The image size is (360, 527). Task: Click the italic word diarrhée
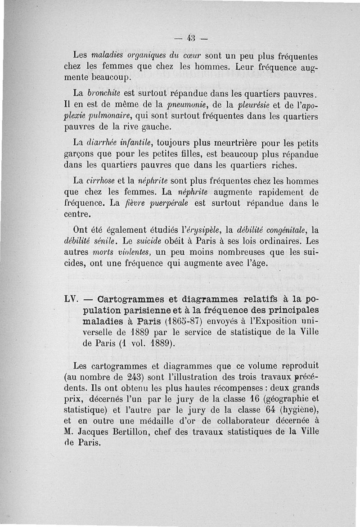tap(102, 144)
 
